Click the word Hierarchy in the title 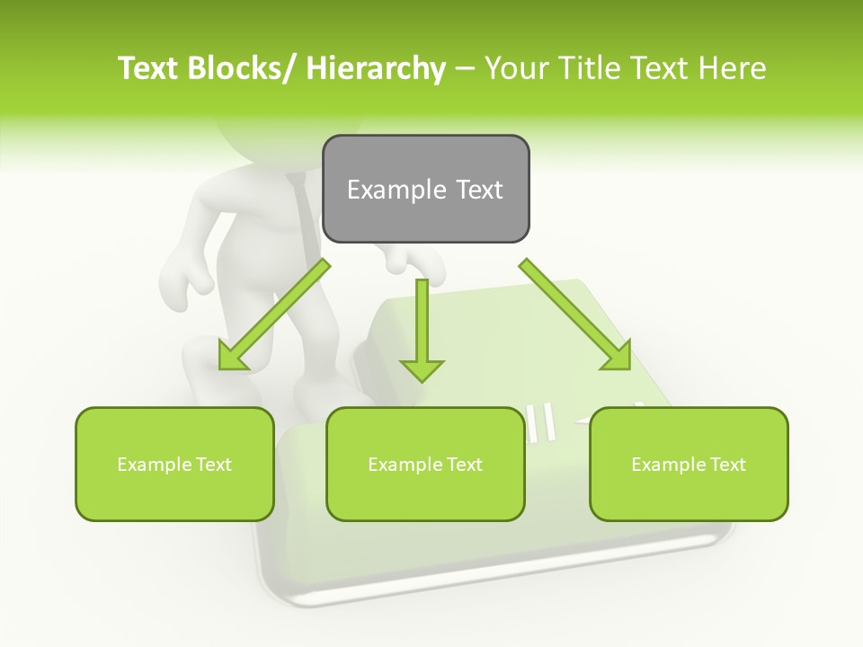376,68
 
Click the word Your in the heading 516,68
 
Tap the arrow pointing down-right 575,315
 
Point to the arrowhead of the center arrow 422,369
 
